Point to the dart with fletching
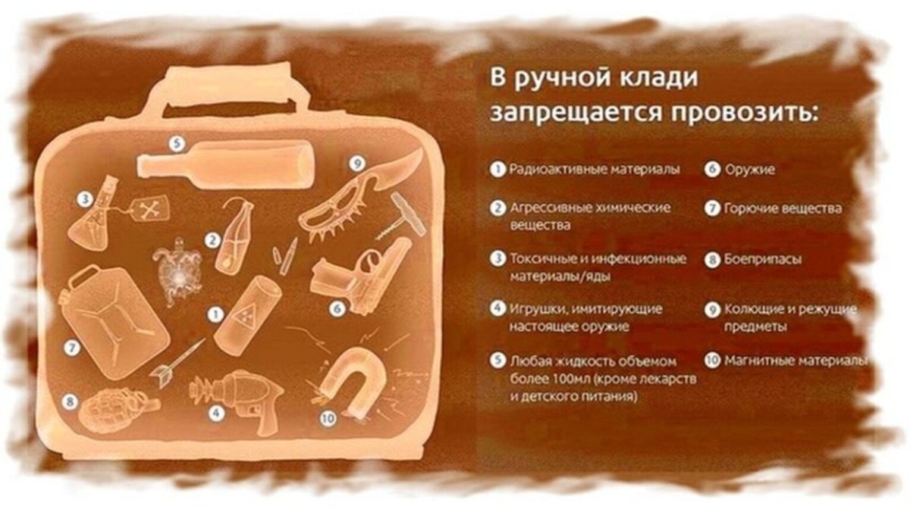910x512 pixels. pyautogui.click(x=177, y=361)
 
